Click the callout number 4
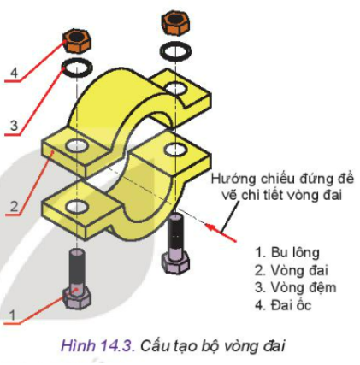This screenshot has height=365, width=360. [13, 73]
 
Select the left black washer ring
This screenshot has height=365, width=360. [77, 68]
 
